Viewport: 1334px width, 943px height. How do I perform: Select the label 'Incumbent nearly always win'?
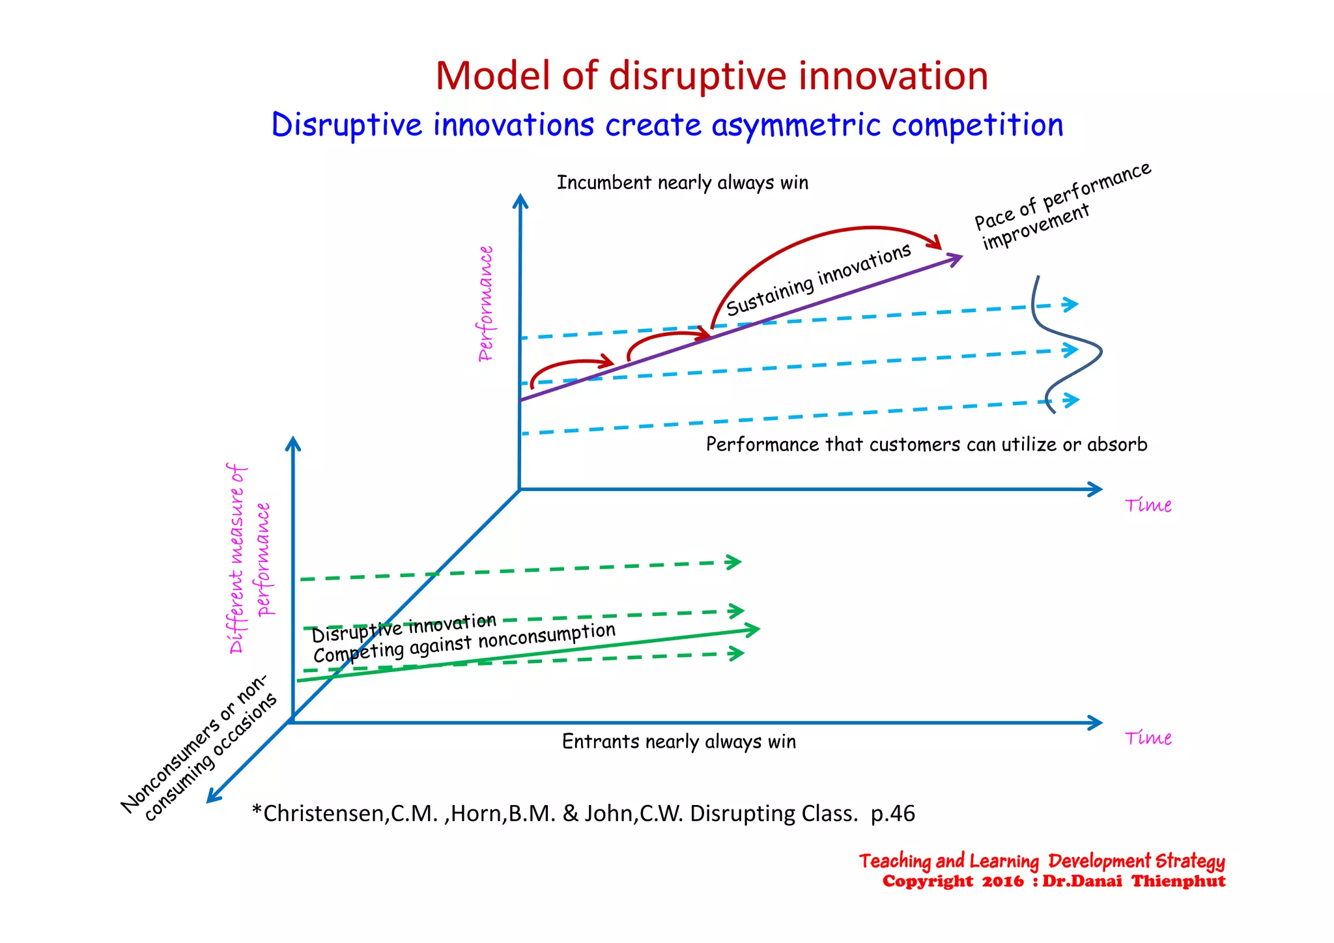[x=682, y=183]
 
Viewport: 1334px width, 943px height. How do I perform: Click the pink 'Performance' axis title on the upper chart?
[x=486, y=303]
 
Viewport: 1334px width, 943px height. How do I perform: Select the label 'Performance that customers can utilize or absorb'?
[x=926, y=445]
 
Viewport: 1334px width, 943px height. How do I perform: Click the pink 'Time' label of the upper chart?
[x=1148, y=505]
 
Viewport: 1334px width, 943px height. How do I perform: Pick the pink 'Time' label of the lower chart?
[x=1148, y=739]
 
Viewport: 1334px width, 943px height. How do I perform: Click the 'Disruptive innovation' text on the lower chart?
[x=404, y=628]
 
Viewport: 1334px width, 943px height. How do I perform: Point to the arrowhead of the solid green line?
[x=753, y=629]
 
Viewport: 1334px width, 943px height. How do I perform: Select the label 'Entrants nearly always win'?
[x=679, y=742]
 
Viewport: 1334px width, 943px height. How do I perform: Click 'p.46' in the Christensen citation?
[x=892, y=814]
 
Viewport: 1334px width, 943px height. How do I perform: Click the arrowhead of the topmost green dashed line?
[x=735, y=561]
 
